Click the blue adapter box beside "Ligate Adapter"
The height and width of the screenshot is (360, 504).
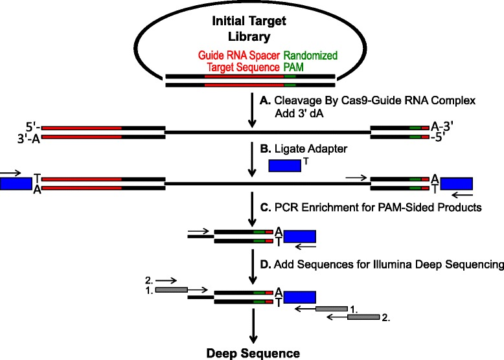[x=284, y=166]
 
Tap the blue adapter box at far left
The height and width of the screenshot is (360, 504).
[x=16, y=184]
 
